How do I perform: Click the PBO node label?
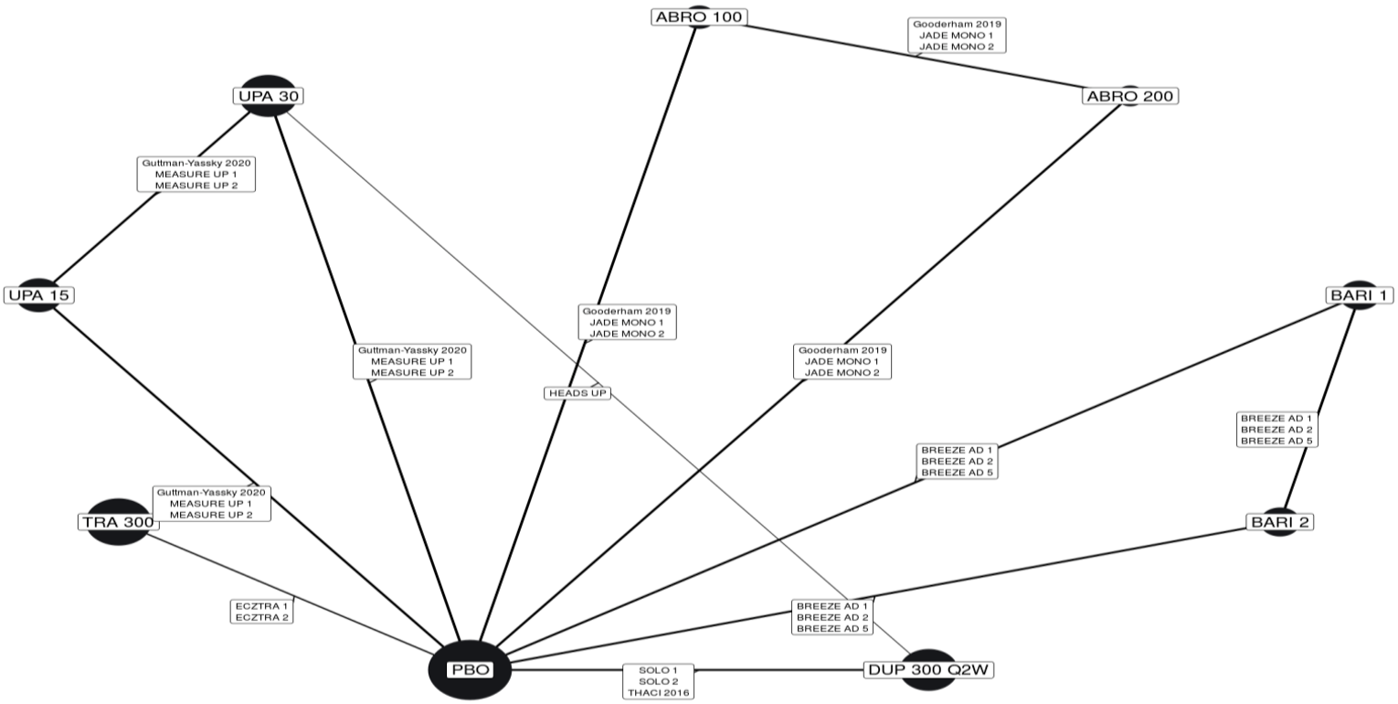tap(470, 669)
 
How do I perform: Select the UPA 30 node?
tap(268, 96)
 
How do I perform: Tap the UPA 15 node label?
tap(39, 295)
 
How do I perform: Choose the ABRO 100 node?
tap(700, 16)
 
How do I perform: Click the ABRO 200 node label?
tap(1130, 96)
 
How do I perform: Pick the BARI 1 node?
tap(1361, 295)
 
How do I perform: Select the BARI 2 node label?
tap(1280, 522)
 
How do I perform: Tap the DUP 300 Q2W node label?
tap(928, 670)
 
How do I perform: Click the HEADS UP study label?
tap(577, 393)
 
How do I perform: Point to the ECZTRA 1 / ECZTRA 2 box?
tap(261, 611)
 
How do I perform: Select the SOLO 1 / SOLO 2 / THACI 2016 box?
tap(658, 681)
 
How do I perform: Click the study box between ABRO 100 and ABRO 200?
tap(957, 35)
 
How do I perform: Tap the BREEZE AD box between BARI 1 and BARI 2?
tap(1276, 429)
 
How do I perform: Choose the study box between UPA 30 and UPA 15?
tap(196, 174)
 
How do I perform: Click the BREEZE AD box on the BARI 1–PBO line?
tap(957, 461)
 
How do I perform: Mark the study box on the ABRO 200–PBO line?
tap(840, 361)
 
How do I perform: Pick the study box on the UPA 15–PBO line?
tap(211, 504)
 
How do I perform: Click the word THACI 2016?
tap(658, 692)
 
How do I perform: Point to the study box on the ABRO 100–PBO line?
tap(628, 322)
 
